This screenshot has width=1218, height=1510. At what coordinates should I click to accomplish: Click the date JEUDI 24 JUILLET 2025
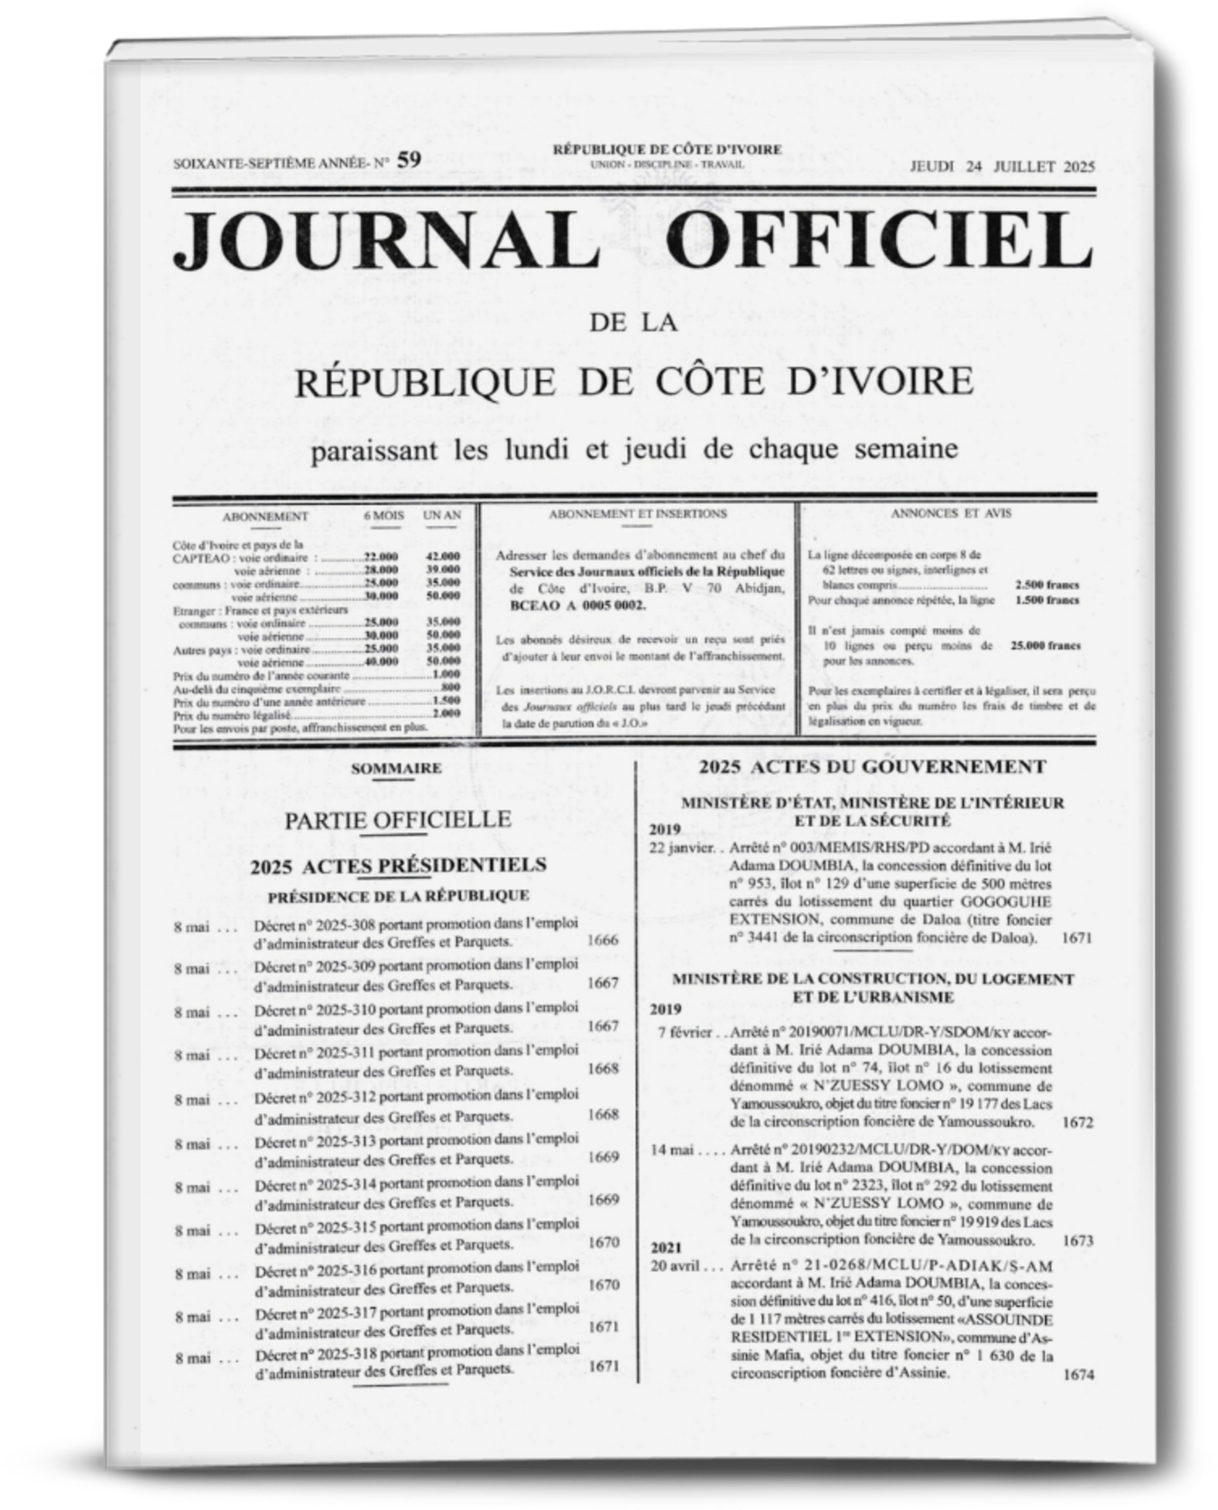coord(1001,166)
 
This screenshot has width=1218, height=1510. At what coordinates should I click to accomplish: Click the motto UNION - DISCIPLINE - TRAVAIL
coord(667,165)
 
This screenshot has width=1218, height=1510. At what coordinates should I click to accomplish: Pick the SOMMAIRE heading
coord(396,769)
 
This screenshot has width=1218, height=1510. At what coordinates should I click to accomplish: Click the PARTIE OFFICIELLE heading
coord(398,819)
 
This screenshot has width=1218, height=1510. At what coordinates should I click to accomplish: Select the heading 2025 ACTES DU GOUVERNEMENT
coord(872,767)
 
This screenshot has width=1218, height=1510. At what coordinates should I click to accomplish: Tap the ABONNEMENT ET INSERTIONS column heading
coord(637,513)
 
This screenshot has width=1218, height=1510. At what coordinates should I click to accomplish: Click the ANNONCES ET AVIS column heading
coord(951,513)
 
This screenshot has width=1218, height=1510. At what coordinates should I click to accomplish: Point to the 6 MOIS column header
coord(383,515)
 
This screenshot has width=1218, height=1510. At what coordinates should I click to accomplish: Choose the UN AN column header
coord(442,515)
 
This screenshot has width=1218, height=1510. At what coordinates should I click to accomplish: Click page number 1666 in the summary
coord(603,940)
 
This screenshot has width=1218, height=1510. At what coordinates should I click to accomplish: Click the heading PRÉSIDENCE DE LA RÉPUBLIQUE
coord(398,896)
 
